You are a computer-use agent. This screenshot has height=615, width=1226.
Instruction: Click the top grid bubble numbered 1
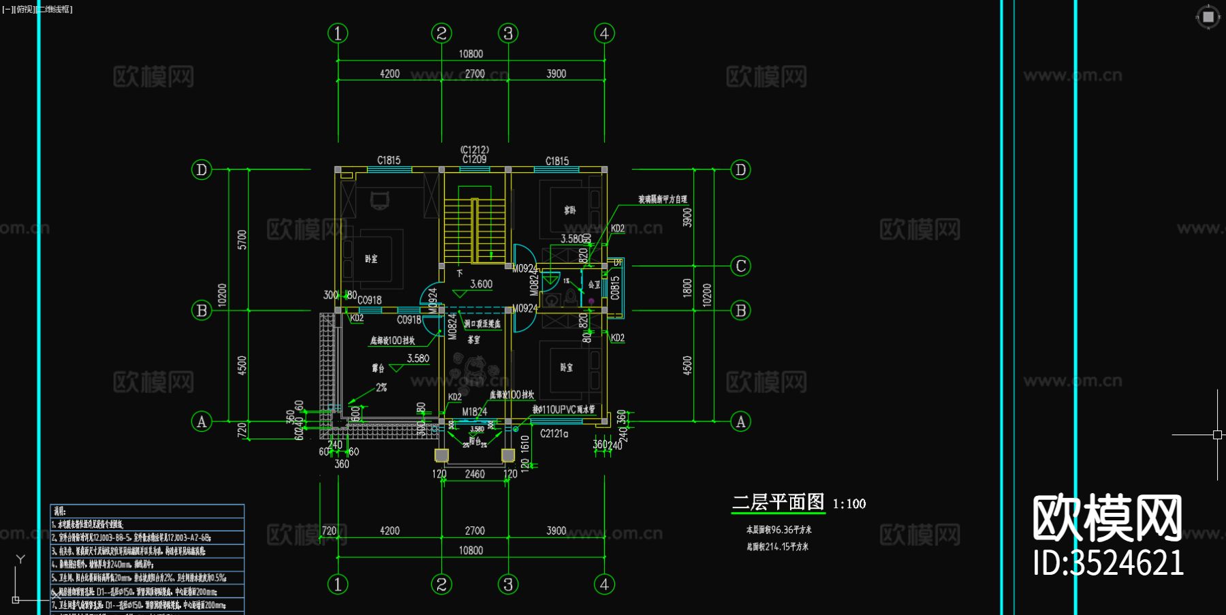(338, 33)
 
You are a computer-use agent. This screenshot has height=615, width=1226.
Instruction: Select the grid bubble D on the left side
(202, 170)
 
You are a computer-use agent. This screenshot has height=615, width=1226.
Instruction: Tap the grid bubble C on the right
(741, 266)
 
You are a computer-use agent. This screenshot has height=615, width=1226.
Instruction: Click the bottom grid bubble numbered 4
(604, 584)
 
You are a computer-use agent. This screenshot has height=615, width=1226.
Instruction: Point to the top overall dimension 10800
(471, 54)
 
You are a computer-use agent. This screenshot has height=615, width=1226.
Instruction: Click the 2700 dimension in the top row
(475, 74)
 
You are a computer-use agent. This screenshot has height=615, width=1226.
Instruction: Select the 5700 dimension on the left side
(242, 240)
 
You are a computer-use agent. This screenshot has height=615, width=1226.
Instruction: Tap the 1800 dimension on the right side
(687, 287)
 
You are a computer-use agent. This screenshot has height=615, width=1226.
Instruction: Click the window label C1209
(474, 159)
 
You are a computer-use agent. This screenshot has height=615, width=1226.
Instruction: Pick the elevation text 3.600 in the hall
(481, 284)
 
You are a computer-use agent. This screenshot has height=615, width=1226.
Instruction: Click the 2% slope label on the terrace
(381, 388)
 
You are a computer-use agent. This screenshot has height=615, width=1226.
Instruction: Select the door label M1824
(474, 411)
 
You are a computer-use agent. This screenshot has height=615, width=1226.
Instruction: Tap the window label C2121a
(554, 433)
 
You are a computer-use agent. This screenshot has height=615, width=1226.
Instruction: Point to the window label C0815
(615, 287)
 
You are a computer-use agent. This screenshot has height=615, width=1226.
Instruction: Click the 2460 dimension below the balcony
(475, 473)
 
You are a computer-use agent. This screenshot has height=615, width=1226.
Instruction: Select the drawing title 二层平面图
(779, 503)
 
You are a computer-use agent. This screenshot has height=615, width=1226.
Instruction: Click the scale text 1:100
(849, 504)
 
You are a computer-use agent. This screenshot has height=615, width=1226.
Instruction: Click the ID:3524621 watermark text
(1108, 563)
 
